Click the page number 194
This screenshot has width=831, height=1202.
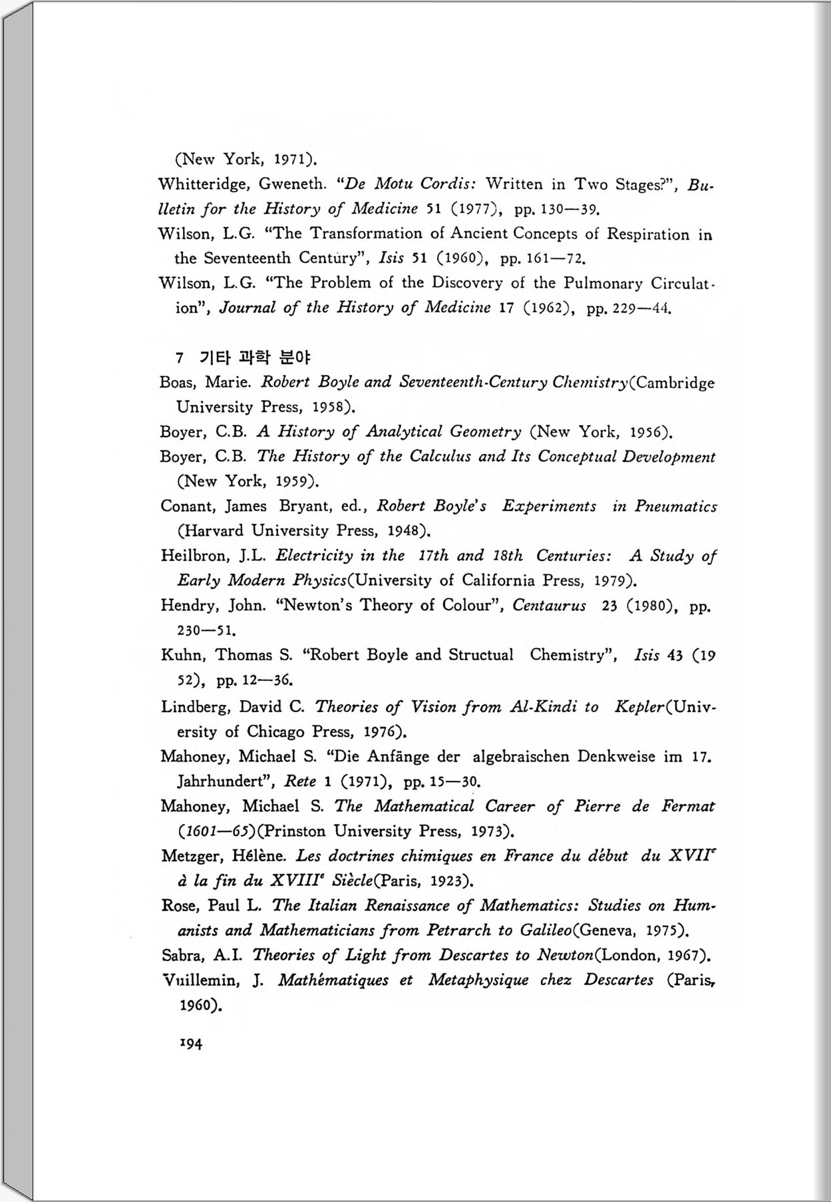coord(191,1044)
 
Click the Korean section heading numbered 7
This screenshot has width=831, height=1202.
coord(243,357)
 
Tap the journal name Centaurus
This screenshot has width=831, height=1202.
coord(549,606)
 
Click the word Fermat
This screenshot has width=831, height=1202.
coord(688,807)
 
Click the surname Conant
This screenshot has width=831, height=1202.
coord(187,506)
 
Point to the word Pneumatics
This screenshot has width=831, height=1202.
coord(675,506)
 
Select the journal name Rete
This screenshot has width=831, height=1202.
coord(300,781)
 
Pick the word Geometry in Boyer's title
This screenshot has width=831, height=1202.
coord(486,432)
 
